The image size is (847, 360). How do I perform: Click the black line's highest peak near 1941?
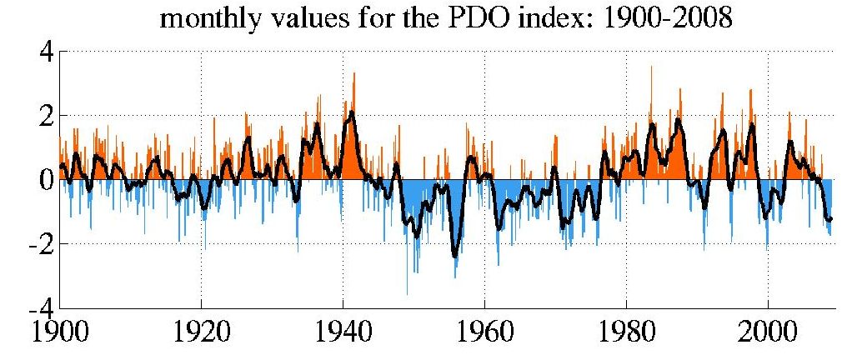[352, 112]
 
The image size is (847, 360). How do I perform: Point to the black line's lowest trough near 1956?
[455, 256]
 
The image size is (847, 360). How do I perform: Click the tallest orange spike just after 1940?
[354, 73]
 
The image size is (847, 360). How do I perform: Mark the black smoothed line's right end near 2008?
[830, 218]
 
